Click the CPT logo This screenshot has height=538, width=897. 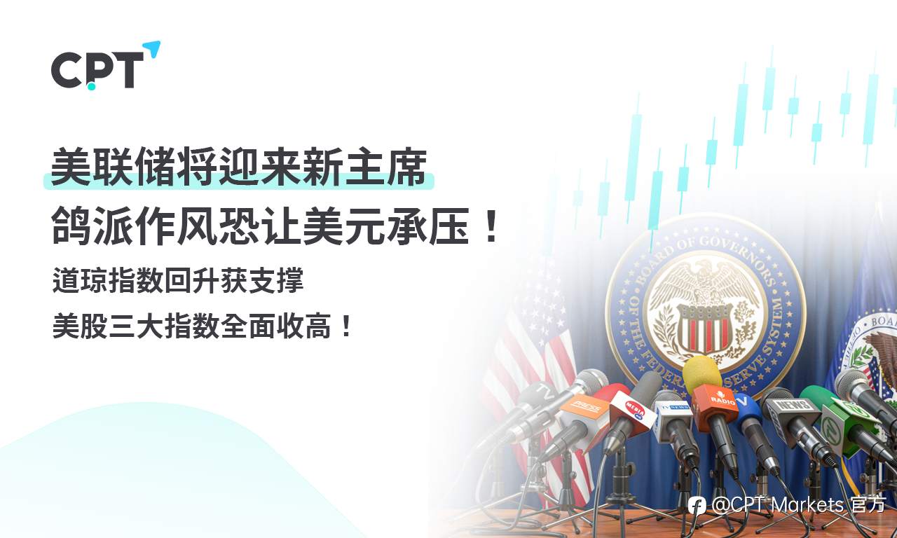tap(97, 71)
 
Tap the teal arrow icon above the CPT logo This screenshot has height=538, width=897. tap(152, 50)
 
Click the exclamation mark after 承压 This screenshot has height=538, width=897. tap(491, 228)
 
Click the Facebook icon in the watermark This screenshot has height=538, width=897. tap(697, 505)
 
